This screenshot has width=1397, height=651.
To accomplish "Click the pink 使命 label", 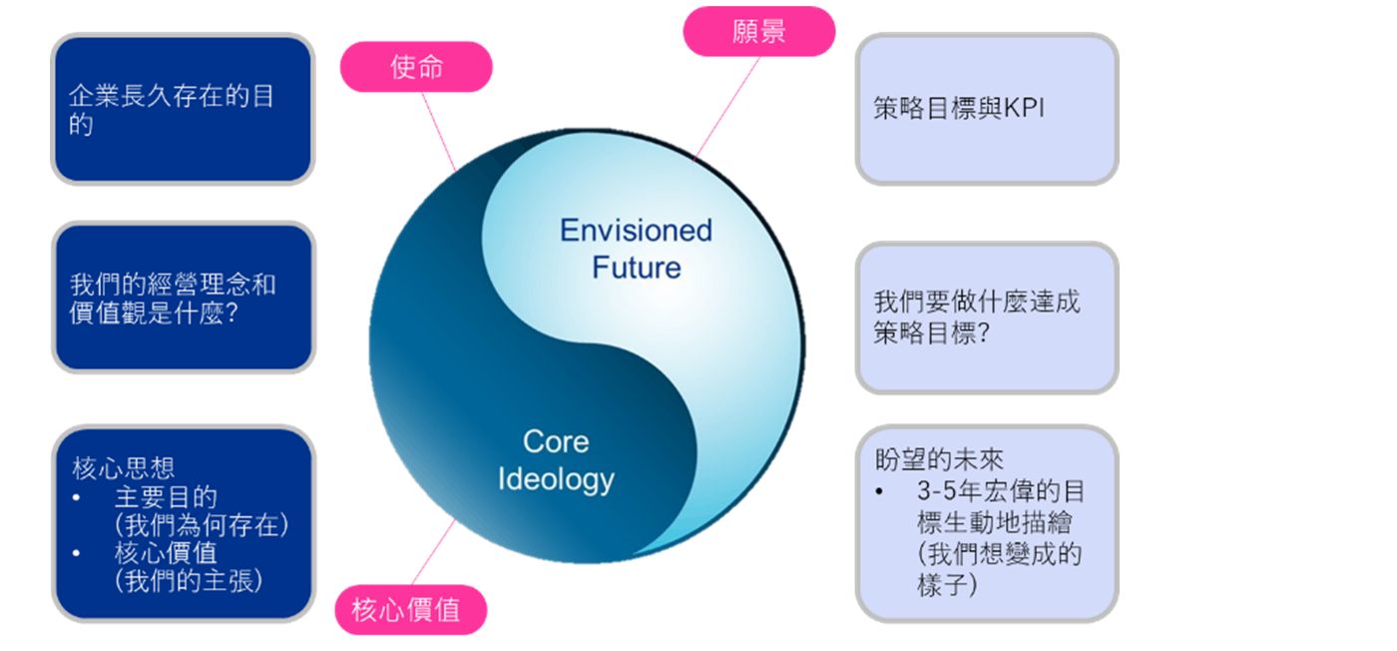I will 416,67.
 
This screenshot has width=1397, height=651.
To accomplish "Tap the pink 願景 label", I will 758,31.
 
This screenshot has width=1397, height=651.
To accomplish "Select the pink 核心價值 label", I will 410,609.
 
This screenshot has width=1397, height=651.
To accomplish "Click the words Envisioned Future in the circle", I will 636,249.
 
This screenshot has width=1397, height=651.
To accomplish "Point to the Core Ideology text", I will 556,460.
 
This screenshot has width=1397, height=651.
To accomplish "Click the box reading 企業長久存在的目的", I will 183,110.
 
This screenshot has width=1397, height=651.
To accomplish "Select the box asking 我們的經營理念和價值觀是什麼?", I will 183,298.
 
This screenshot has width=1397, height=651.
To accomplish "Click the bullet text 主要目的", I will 166,496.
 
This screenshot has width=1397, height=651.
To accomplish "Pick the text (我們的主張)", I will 189,581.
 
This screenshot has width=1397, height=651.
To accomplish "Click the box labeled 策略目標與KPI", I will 986,110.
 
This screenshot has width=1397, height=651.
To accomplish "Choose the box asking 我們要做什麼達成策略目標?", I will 986,318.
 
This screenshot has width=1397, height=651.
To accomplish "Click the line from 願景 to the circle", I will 727,106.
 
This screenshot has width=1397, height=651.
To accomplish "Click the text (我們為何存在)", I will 201,524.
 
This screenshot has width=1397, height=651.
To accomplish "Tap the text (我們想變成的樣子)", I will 998,569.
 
